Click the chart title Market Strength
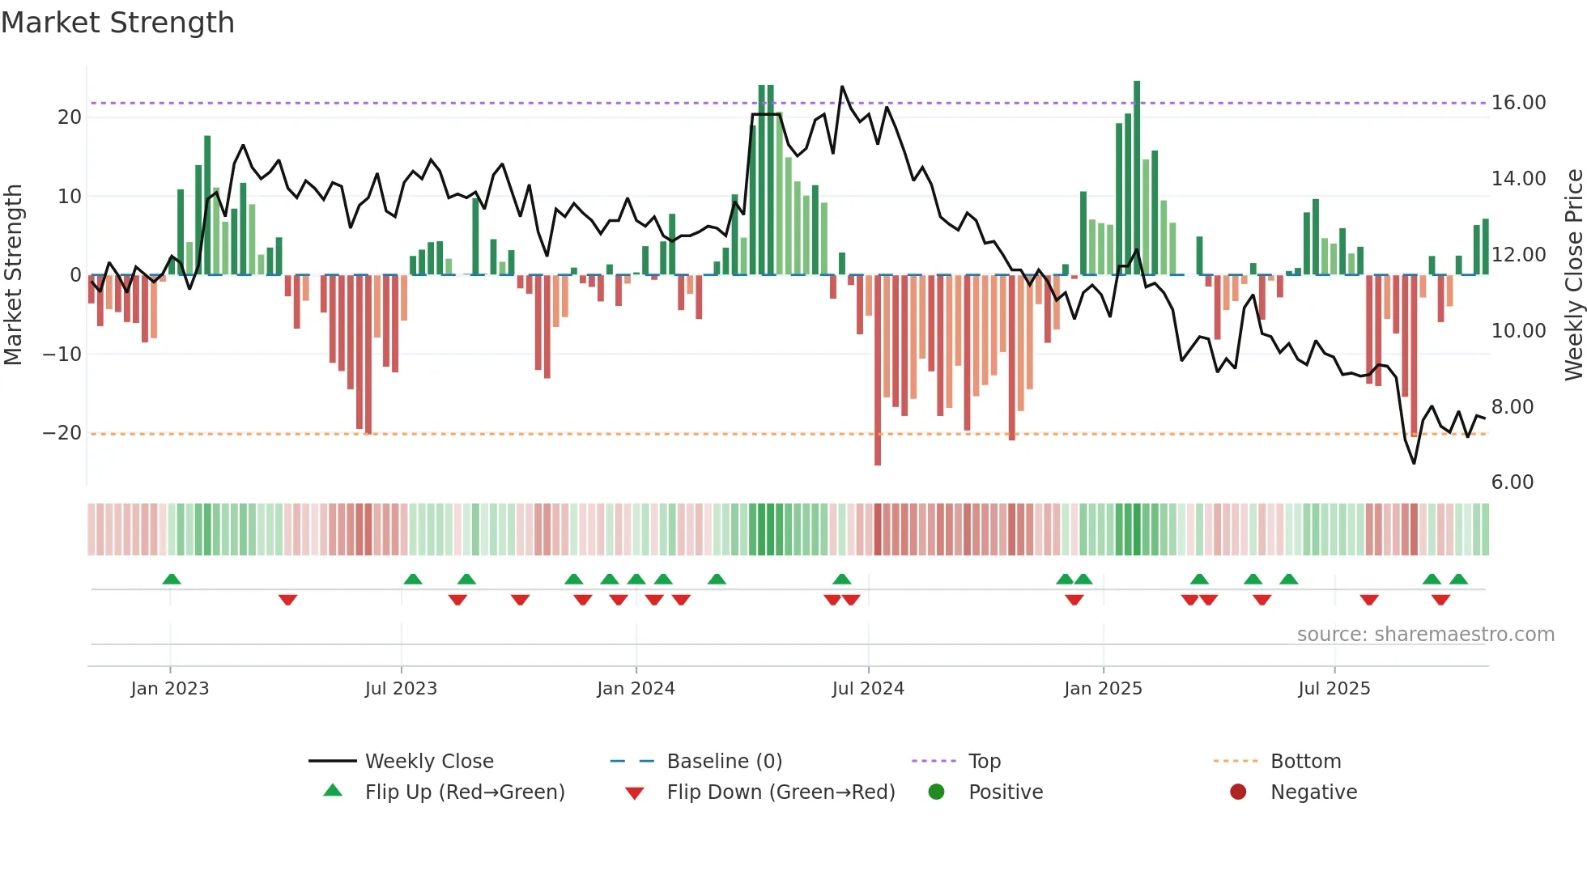click(117, 23)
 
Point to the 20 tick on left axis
click(70, 117)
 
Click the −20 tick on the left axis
click(62, 433)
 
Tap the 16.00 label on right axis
click(1518, 103)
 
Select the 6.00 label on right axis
click(1513, 482)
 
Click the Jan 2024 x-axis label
click(636, 689)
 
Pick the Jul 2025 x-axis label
click(1334, 689)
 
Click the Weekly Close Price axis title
click(1573, 274)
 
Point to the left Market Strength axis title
click(14, 274)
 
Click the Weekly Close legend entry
click(428, 762)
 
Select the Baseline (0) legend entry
click(724, 762)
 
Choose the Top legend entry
click(984, 762)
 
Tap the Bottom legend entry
click(1305, 762)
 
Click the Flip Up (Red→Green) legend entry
click(464, 792)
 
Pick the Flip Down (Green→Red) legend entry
click(781, 792)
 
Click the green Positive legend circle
click(936, 792)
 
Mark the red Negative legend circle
click(1238, 792)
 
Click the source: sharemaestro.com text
click(1425, 635)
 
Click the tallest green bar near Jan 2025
click(1137, 178)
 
